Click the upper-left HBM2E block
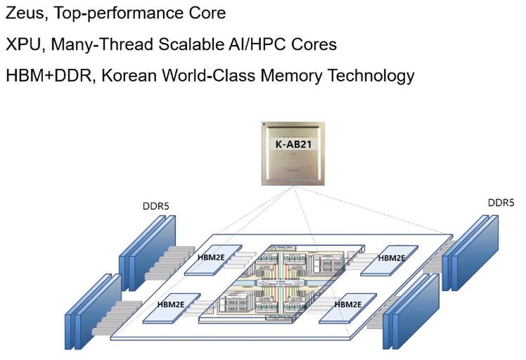[x=212, y=259]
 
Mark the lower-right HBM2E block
[x=347, y=305]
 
